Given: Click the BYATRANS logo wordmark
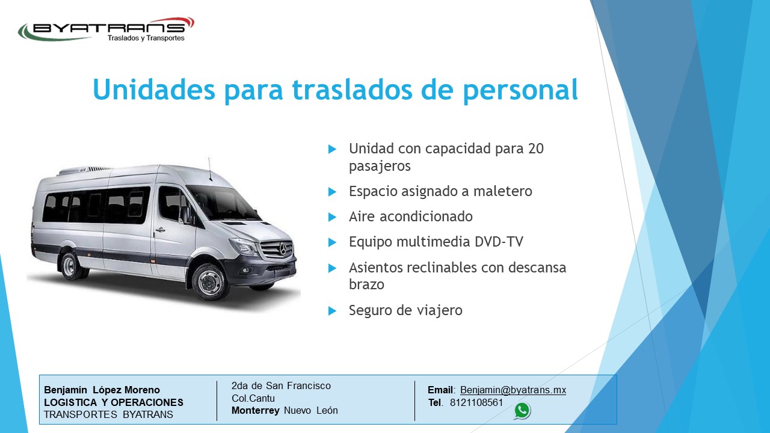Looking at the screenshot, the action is tap(107, 28).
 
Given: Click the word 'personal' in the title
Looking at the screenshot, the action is tap(520, 91).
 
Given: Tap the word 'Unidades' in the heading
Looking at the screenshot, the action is tap(154, 89).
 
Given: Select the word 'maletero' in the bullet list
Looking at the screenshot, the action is tap(503, 191).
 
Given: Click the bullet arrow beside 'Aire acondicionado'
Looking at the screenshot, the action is tap(332, 217).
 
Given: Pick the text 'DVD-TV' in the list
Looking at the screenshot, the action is tap(499, 242).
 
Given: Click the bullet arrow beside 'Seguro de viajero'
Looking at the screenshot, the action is tap(332, 311).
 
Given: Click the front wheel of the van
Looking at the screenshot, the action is tap(211, 282).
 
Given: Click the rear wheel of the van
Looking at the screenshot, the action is tap(73, 265).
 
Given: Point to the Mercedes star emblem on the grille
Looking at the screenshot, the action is tap(283, 248).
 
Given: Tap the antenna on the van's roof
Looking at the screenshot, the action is tap(210, 169).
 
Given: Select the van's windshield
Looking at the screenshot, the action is tap(223, 203).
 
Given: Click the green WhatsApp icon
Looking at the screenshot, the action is tap(522, 411).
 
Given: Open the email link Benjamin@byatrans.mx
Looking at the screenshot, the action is tap(513, 390).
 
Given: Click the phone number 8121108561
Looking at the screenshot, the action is tap(476, 402).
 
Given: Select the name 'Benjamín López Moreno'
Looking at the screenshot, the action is tap(102, 390).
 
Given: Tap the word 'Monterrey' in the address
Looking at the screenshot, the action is tap(256, 410).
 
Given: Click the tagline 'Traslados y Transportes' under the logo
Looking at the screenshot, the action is tap(146, 38).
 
